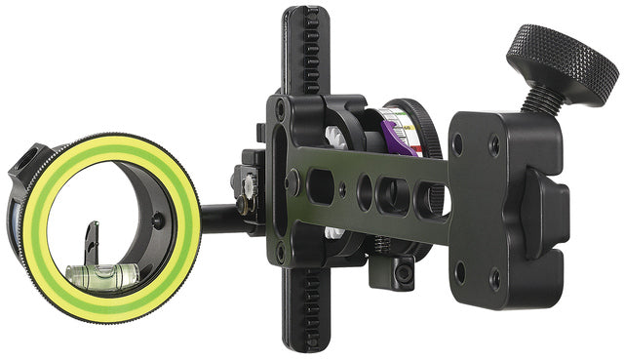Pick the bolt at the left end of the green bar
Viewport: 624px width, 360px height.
[292, 181]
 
